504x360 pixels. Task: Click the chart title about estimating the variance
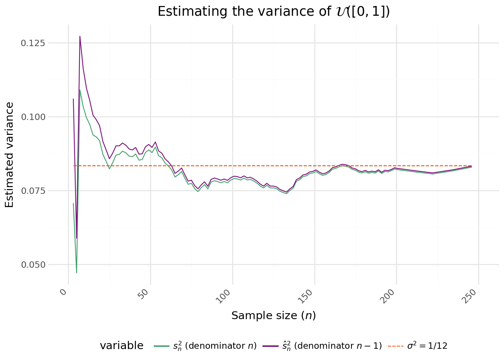tap(274, 11)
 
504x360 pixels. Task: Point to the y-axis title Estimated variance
tap(10, 154)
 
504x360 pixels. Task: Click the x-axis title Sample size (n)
tap(274, 316)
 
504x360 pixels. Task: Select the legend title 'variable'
tap(121, 346)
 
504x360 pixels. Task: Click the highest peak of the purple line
tap(80, 36)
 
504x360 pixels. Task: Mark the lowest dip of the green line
tap(76, 273)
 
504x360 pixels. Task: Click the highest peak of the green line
tap(80, 90)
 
